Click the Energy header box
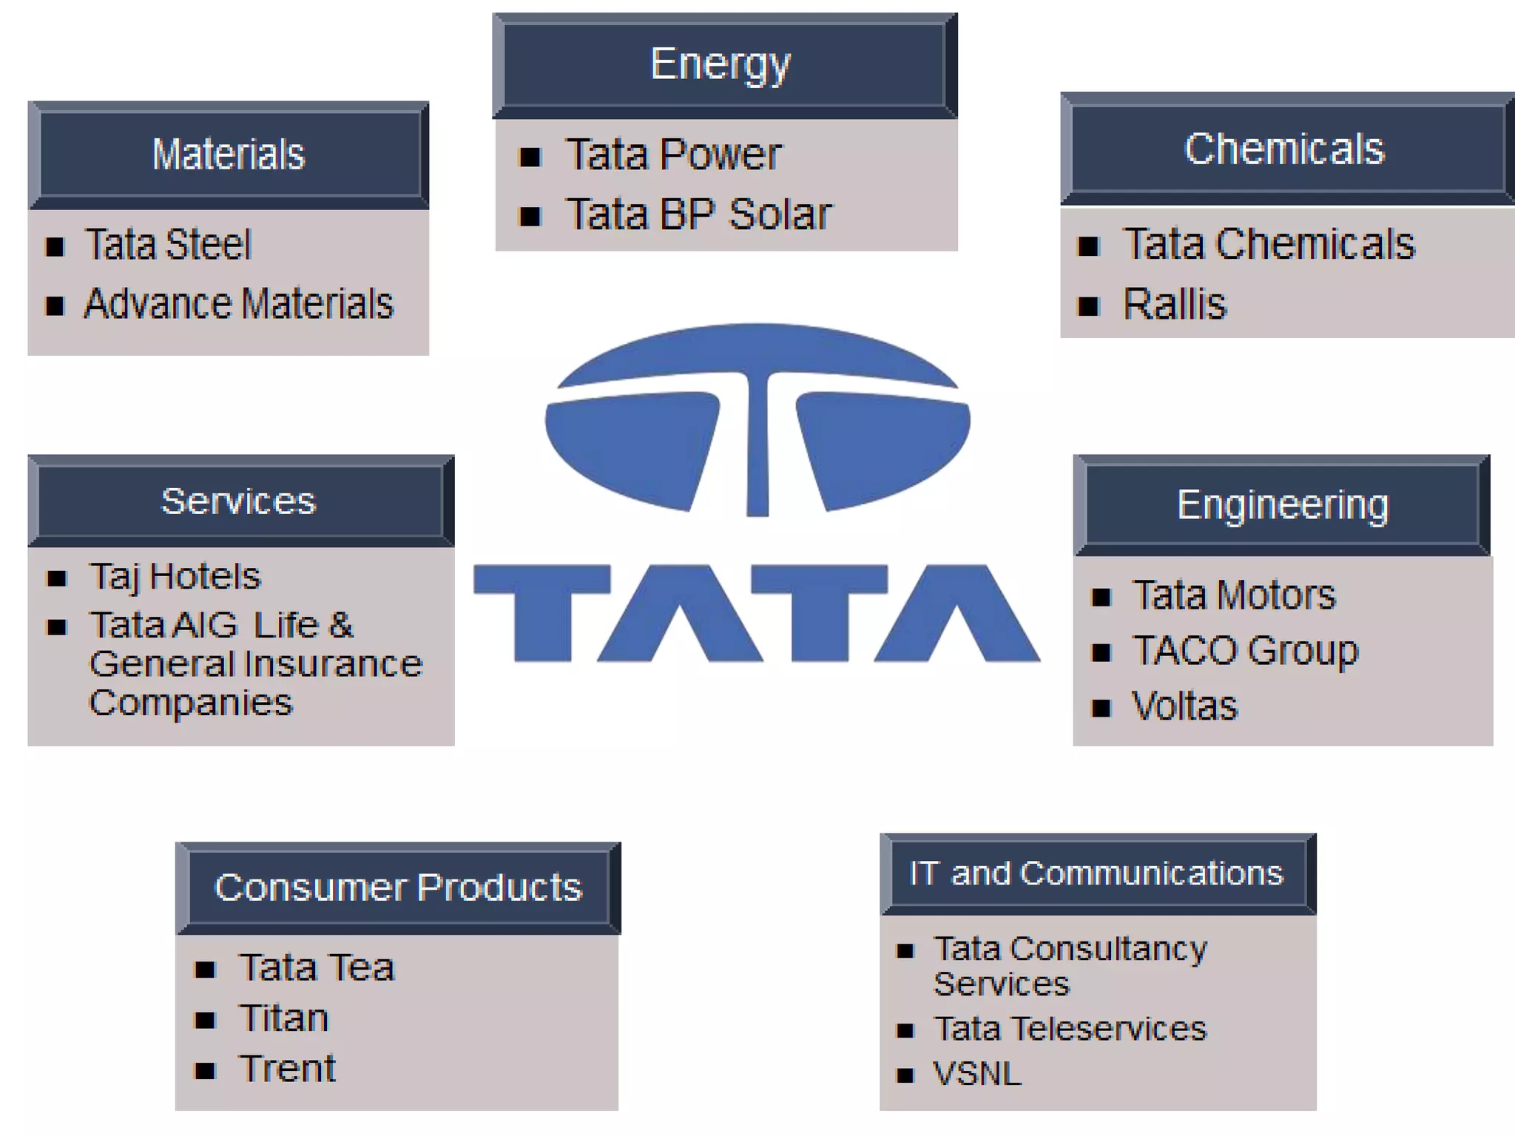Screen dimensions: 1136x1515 (x=724, y=65)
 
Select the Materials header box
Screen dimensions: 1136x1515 (x=229, y=155)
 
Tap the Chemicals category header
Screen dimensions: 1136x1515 (x=1286, y=149)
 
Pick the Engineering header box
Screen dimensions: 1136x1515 (x=1282, y=505)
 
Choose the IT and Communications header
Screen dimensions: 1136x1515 (x=1097, y=873)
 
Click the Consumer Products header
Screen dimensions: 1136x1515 (x=398, y=887)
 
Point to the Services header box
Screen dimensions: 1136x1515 (x=240, y=501)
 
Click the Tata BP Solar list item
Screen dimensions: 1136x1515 (x=699, y=214)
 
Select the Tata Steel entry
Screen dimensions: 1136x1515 (x=169, y=245)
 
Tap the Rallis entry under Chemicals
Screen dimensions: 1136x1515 (x=1175, y=304)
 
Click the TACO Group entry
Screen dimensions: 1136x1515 (x=1246, y=651)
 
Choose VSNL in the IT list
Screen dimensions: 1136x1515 (x=977, y=1073)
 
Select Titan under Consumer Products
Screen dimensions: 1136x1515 (x=284, y=1018)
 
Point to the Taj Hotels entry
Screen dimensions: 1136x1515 (x=175, y=576)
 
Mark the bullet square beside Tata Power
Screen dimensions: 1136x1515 (x=530, y=157)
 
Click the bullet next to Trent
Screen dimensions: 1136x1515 (x=205, y=1070)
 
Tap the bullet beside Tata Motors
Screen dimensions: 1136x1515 (x=1101, y=597)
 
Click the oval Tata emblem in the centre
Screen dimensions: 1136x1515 (x=757, y=419)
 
